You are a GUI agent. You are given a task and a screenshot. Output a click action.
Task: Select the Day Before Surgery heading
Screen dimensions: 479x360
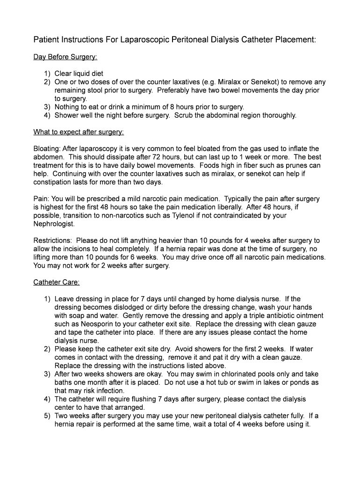tap(65, 57)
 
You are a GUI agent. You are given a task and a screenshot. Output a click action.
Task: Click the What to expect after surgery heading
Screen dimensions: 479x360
tap(79, 132)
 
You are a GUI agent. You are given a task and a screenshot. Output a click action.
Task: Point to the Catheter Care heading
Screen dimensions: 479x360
tap(57, 282)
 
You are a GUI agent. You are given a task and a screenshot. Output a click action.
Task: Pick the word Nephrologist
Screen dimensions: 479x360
tap(54, 224)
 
